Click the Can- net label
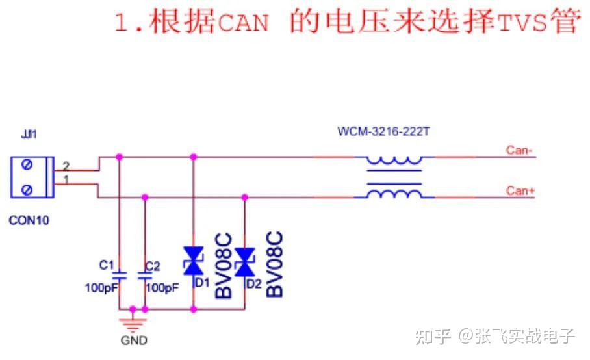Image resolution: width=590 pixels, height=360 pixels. coord(520,151)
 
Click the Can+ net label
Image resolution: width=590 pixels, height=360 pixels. coord(520,190)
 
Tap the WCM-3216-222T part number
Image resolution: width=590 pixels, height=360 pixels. coord(383,131)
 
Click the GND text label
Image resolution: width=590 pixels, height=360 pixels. coord(134,341)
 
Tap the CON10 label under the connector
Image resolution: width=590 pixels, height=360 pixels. coord(29,220)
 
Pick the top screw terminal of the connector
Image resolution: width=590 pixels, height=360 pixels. coord(27,166)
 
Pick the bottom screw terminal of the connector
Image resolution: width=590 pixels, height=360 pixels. coord(27,190)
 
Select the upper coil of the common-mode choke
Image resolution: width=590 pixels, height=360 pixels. coord(394,160)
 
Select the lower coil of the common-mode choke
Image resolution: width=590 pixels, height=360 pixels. coord(394,194)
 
